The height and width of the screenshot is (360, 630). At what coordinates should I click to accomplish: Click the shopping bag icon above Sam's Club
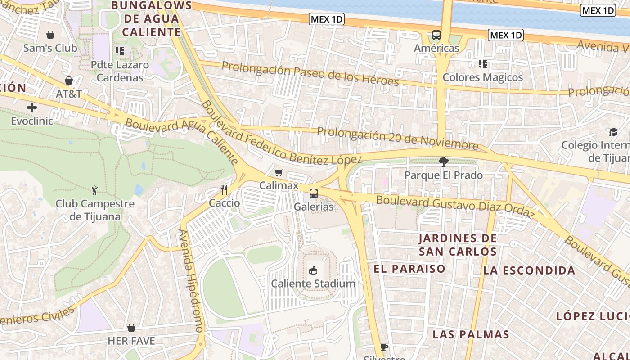[50, 35]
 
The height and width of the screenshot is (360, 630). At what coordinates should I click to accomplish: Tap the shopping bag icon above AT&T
[69, 81]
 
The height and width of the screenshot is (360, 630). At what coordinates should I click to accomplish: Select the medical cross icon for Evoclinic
[32, 108]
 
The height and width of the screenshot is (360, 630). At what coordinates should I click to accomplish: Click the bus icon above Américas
[436, 35]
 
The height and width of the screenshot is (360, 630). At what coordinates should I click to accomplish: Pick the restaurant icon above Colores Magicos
[483, 64]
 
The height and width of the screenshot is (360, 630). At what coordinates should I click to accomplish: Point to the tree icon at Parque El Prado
[444, 162]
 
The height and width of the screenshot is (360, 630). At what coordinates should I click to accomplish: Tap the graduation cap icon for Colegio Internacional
[613, 132]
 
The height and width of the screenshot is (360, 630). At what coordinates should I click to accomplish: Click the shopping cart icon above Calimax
[279, 172]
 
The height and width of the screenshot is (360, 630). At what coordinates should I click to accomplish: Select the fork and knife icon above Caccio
[224, 190]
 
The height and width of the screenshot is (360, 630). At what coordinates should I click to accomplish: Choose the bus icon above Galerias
[314, 193]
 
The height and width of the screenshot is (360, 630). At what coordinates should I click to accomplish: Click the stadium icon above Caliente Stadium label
[313, 270]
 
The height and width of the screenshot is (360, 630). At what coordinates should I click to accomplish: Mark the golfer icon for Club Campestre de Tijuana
[94, 190]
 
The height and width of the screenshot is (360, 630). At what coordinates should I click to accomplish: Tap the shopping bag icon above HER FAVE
[131, 328]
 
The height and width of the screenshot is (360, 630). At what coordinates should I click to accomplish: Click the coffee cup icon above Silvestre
[384, 347]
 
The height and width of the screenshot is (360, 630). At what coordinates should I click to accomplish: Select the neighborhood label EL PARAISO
[409, 269]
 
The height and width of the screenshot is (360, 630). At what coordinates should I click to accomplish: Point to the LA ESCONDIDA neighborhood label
[529, 270]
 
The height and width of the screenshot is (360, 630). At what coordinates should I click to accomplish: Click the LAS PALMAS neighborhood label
[471, 334]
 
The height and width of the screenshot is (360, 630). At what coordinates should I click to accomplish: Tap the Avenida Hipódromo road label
[191, 281]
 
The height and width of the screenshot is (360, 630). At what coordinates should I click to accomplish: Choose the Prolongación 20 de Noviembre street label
[397, 139]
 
